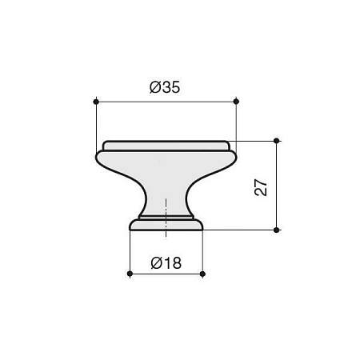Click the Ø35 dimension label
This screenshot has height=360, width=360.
165,87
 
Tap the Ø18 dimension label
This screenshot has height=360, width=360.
166,263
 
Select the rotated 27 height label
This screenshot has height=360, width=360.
261,187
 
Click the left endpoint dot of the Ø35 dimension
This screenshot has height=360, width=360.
96,102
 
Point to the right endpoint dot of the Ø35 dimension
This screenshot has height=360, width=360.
236,102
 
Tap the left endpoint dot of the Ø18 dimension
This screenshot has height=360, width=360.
130,274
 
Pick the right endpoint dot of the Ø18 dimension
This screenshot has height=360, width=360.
202,274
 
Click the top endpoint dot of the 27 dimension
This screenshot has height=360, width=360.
276,141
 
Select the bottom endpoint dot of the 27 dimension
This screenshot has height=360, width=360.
276,230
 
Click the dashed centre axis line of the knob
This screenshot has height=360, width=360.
166,218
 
